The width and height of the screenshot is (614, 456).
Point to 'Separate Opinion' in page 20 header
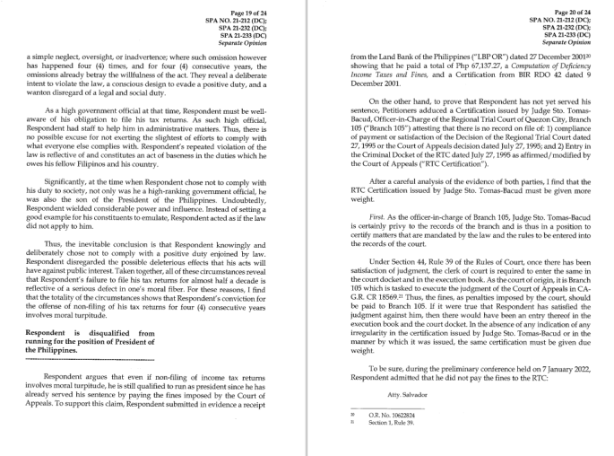pyautogui.click(x=566, y=42)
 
